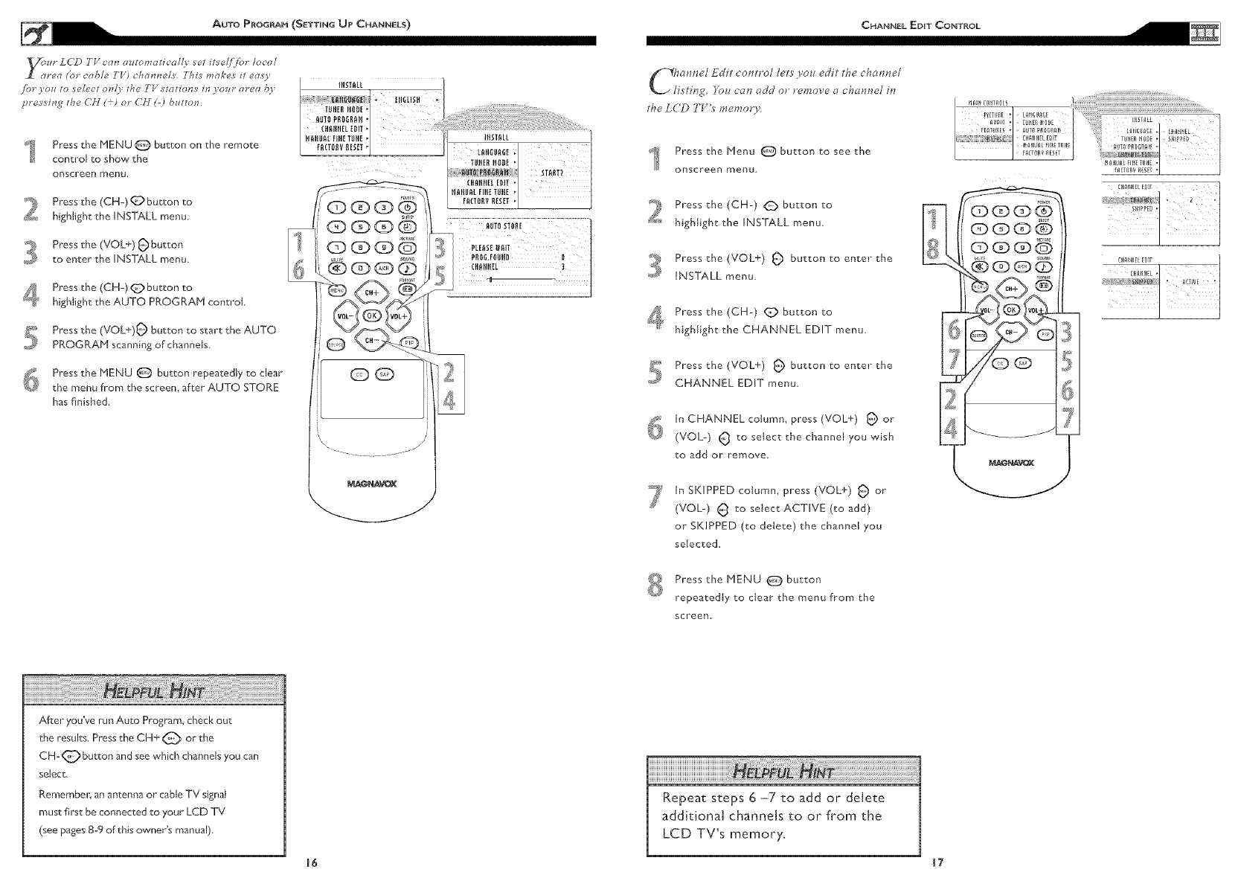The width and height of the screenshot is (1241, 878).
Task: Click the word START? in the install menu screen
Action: (x=552, y=174)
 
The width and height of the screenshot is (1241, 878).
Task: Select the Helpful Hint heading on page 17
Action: (x=783, y=771)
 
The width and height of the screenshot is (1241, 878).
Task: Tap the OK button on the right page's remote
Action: (x=1011, y=310)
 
